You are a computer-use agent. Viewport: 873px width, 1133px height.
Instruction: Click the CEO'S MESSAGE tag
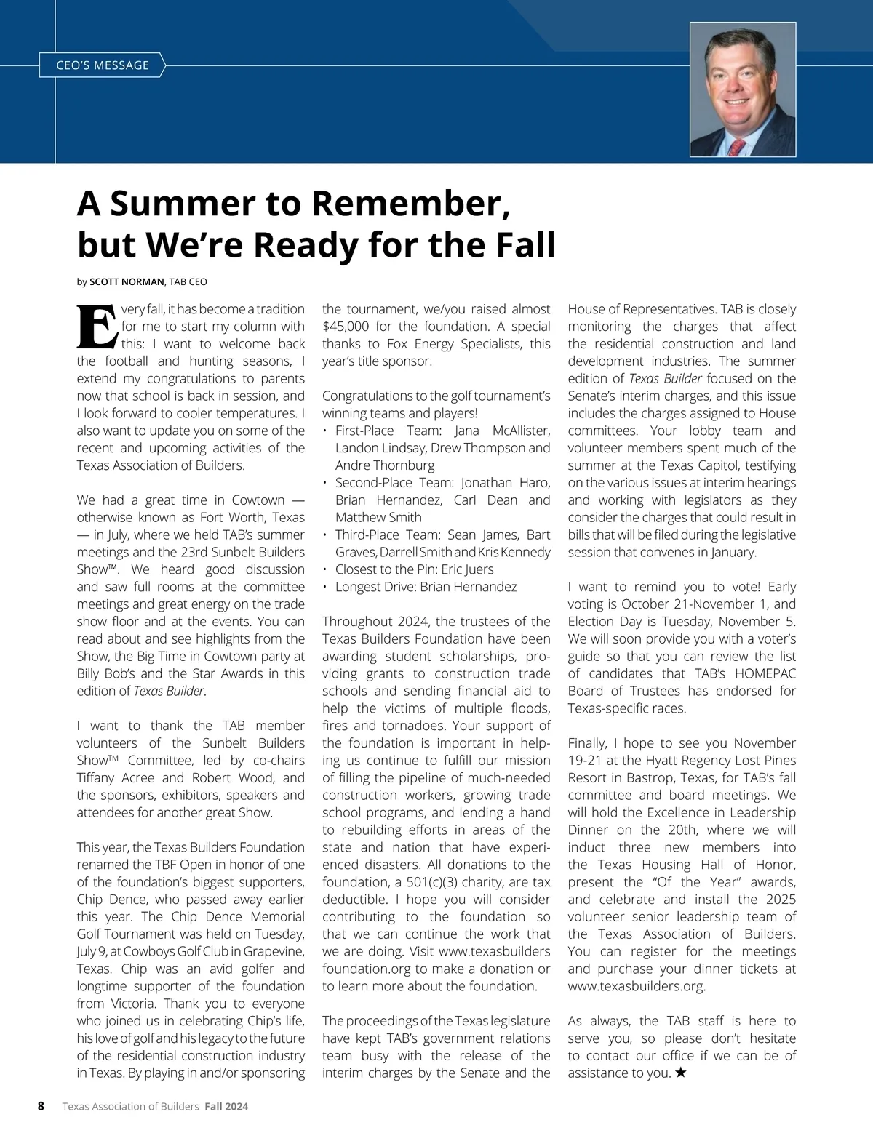(x=103, y=65)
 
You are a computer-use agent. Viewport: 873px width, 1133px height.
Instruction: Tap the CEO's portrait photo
(x=742, y=89)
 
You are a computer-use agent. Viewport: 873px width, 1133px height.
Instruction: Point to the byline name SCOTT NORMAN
(x=127, y=281)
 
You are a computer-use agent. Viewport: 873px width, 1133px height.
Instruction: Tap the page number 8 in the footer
(x=41, y=1106)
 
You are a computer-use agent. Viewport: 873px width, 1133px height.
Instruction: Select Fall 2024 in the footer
(x=226, y=1106)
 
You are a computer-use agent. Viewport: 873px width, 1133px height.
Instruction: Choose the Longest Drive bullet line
(x=426, y=587)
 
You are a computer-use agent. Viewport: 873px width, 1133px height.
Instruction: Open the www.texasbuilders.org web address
(x=637, y=986)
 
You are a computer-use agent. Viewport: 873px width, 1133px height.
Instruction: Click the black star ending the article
(x=680, y=1073)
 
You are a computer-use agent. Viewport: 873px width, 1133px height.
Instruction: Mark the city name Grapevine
(x=276, y=951)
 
